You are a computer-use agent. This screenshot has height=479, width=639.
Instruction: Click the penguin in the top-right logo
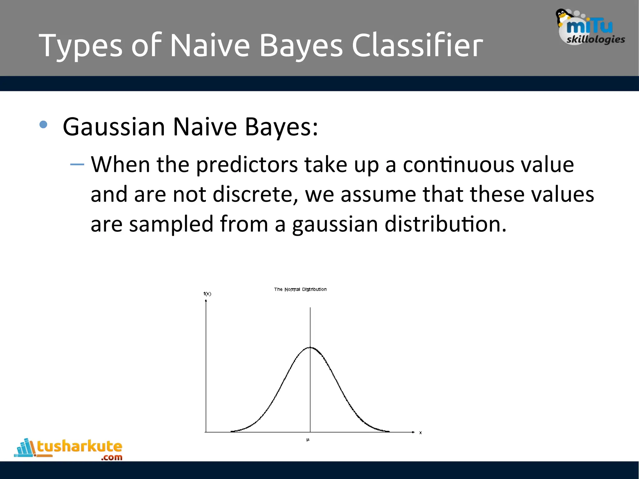tap(563, 17)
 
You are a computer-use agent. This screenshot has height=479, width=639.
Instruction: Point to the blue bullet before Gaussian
tap(43, 125)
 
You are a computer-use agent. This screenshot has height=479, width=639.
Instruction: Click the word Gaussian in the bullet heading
tap(114, 127)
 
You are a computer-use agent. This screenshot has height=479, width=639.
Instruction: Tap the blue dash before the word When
tap(77, 164)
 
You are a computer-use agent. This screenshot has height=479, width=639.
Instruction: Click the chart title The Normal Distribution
tap(300, 289)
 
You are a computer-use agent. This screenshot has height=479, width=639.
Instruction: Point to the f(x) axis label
tap(207, 294)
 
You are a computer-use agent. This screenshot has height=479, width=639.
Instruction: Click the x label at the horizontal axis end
tap(420, 433)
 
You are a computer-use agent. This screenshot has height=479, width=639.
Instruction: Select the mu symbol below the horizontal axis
tap(308, 440)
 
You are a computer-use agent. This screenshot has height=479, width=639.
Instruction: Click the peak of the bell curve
tap(310, 347)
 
